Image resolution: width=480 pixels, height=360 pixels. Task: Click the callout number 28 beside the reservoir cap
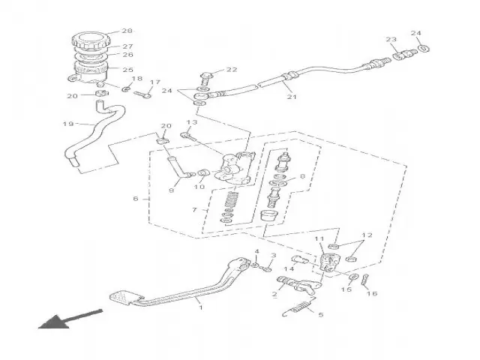(127, 31)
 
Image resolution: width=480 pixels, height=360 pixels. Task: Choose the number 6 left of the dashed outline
(136, 199)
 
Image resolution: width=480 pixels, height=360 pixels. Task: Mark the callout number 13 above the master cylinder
(192, 121)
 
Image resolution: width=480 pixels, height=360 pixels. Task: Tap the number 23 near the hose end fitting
(391, 39)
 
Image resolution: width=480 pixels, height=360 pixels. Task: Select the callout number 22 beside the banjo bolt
(232, 70)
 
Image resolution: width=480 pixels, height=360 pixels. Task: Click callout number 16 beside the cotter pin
(371, 294)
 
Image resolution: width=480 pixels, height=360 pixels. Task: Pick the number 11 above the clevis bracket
(318, 241)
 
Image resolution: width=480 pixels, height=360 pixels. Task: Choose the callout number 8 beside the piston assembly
(302, 177)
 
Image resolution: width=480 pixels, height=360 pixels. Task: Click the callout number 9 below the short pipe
(171, 190)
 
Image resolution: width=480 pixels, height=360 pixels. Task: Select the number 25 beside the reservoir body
(127, 70)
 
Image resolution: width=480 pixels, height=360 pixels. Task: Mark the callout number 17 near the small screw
(155, 82)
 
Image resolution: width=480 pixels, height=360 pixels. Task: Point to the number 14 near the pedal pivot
(289, 268)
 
